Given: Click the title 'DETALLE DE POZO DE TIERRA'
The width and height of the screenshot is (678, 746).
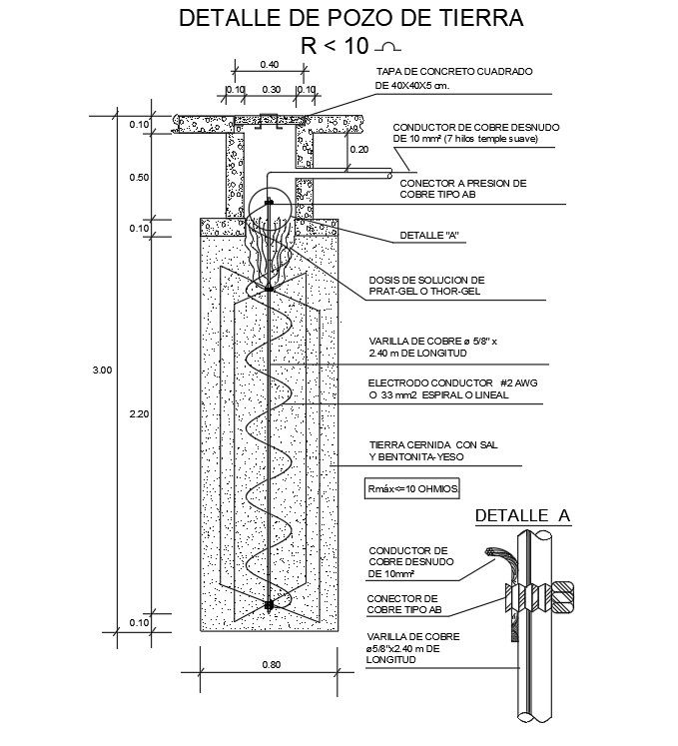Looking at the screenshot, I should coord(348,17).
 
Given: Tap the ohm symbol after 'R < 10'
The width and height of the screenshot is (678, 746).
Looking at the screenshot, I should coord(388,45).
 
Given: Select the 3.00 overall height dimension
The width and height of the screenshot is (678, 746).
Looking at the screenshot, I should coord(102,371).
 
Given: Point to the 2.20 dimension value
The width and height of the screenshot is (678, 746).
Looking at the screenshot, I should coord(139,412).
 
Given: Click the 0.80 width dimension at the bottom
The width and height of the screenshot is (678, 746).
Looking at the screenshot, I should coord(270,664).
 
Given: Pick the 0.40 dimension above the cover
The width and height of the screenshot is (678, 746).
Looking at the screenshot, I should coord(269,64).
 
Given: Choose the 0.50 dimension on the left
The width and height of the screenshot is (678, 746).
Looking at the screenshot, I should coord(139,177).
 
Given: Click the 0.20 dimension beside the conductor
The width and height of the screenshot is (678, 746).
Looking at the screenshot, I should coord(359,149).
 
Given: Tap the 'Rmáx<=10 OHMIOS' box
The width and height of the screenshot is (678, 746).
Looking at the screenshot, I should coord(410,488).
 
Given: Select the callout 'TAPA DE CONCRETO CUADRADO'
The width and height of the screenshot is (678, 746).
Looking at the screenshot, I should coord(453,73).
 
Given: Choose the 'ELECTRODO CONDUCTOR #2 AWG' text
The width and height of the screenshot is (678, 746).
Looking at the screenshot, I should coord(439,383).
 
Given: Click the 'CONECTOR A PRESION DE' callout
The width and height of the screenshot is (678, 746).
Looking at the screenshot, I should coord(462,184).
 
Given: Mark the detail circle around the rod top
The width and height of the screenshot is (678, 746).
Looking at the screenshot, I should coord(270,210).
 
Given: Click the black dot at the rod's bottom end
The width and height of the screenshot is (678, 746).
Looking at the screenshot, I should coord(270,605).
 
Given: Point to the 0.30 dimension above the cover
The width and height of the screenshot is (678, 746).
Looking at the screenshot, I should coord(270,89).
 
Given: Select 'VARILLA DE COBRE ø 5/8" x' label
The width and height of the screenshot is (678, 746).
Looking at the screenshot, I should coord(432,341).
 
